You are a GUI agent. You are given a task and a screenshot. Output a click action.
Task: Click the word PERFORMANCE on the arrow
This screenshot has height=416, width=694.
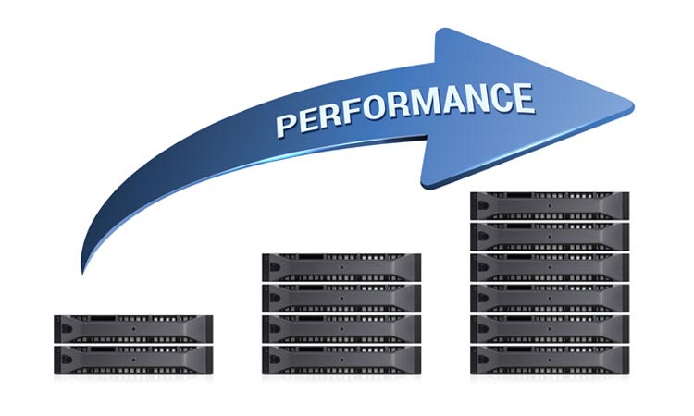(x=405, y=109)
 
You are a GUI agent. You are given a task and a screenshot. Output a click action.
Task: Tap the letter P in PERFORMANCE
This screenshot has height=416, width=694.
(x=286, y=124)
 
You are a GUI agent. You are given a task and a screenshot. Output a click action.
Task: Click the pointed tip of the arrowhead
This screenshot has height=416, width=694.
(x=633, y=106)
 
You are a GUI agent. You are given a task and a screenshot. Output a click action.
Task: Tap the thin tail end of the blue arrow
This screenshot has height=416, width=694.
(x=82, y=273)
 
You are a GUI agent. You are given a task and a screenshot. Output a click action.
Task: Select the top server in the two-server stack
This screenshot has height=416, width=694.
(x=133, y=328)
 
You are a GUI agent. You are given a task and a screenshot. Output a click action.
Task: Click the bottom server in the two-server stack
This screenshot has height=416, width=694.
(x=133, y=360)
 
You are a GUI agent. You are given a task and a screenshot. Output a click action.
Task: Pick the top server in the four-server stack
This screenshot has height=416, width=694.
(x=341, y=267)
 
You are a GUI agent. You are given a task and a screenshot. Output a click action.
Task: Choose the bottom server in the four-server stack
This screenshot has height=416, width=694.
(x=341, y=360)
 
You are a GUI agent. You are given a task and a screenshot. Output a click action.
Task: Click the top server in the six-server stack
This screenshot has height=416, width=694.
(x=550, y=205)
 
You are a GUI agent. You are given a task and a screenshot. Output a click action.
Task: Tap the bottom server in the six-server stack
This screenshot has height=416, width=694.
(x=550, y=360)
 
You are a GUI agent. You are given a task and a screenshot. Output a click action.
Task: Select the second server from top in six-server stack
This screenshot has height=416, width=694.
(x=550, y=237)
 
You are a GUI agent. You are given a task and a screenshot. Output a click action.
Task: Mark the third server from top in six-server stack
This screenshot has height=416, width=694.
(x=550, y=267)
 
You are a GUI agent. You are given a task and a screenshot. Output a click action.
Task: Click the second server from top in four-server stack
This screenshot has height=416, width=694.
(x=341, y=298)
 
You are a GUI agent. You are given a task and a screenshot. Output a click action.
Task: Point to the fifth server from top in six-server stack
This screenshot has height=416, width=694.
(x=550, y=328)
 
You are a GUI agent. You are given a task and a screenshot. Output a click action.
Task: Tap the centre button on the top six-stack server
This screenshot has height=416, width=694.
(x=550, y=205)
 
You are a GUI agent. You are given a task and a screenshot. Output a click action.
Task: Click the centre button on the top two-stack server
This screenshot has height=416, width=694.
(x=133, y=329)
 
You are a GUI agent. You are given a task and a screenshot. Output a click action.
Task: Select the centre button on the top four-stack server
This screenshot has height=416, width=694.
(x=341, y=267)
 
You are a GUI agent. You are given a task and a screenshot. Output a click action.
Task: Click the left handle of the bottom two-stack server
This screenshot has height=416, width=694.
(x=66, y=360)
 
